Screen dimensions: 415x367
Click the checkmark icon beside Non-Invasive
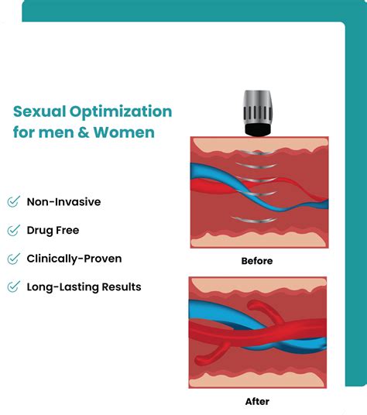pos(13,202)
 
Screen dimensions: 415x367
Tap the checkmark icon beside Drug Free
pos(13,230)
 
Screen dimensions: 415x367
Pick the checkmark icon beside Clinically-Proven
pos(13,259)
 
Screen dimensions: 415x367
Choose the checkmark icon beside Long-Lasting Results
pos(13,286)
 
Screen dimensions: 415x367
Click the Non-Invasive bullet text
pos(63,202)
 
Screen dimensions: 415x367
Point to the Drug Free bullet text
pos(53,230)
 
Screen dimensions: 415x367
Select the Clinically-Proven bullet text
pos(74,259)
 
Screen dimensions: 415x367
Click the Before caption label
pos(258,261)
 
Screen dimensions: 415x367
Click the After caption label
pos(258,401)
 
